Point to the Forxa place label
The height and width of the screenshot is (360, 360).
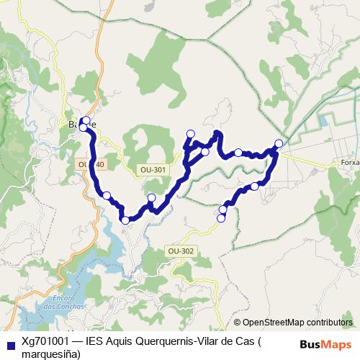(x=351, y=163)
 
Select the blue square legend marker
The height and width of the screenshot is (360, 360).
(x=9, y=345)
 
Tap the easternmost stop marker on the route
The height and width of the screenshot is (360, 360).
(x=279, y=143)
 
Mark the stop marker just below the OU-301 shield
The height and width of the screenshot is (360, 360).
(x=151, y=197)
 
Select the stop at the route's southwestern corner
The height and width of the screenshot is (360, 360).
(x=125, y=220)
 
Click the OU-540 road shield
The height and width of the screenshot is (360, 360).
(x=91, y=165)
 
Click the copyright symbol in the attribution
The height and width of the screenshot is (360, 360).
(x=238, y=323)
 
